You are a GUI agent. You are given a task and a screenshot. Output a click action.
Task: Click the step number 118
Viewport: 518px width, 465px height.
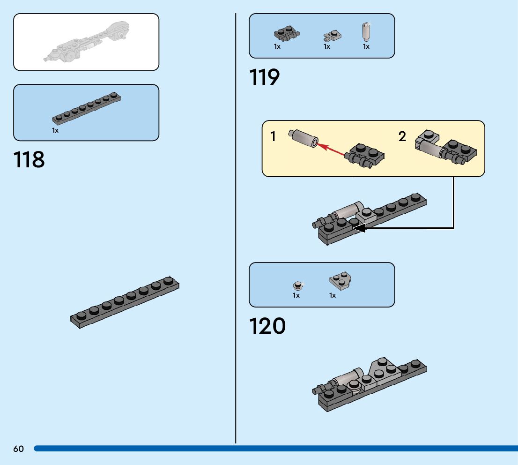point(29,159)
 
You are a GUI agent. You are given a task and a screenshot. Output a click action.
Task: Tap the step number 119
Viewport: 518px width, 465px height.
point(265,77)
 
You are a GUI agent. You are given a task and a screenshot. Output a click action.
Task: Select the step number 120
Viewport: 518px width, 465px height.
point(267,326)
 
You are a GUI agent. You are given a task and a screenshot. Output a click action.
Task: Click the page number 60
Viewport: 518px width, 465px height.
point(18,449)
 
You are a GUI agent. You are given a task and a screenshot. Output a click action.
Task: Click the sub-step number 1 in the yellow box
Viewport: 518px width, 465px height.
point(273,137)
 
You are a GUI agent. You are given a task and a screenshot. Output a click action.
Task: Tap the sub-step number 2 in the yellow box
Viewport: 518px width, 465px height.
point(402,137)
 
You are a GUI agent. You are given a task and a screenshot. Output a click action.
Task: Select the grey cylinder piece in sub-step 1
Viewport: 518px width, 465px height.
point(303,139)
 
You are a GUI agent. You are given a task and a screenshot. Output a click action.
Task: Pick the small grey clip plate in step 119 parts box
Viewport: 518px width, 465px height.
point(333,35)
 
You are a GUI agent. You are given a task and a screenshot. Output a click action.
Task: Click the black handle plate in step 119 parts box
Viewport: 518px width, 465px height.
point(286,34)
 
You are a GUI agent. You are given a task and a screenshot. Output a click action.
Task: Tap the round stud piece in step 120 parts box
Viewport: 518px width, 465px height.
point(297,285)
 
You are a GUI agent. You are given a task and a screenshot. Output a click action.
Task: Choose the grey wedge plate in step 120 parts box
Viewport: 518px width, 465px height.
point(340,281)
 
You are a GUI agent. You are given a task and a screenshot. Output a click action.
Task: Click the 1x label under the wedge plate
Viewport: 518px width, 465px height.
point(332,295)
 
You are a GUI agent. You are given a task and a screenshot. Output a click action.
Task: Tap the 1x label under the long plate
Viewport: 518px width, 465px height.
point(55,130)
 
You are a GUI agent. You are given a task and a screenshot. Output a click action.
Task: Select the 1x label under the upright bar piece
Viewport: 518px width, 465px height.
point(366,46)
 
